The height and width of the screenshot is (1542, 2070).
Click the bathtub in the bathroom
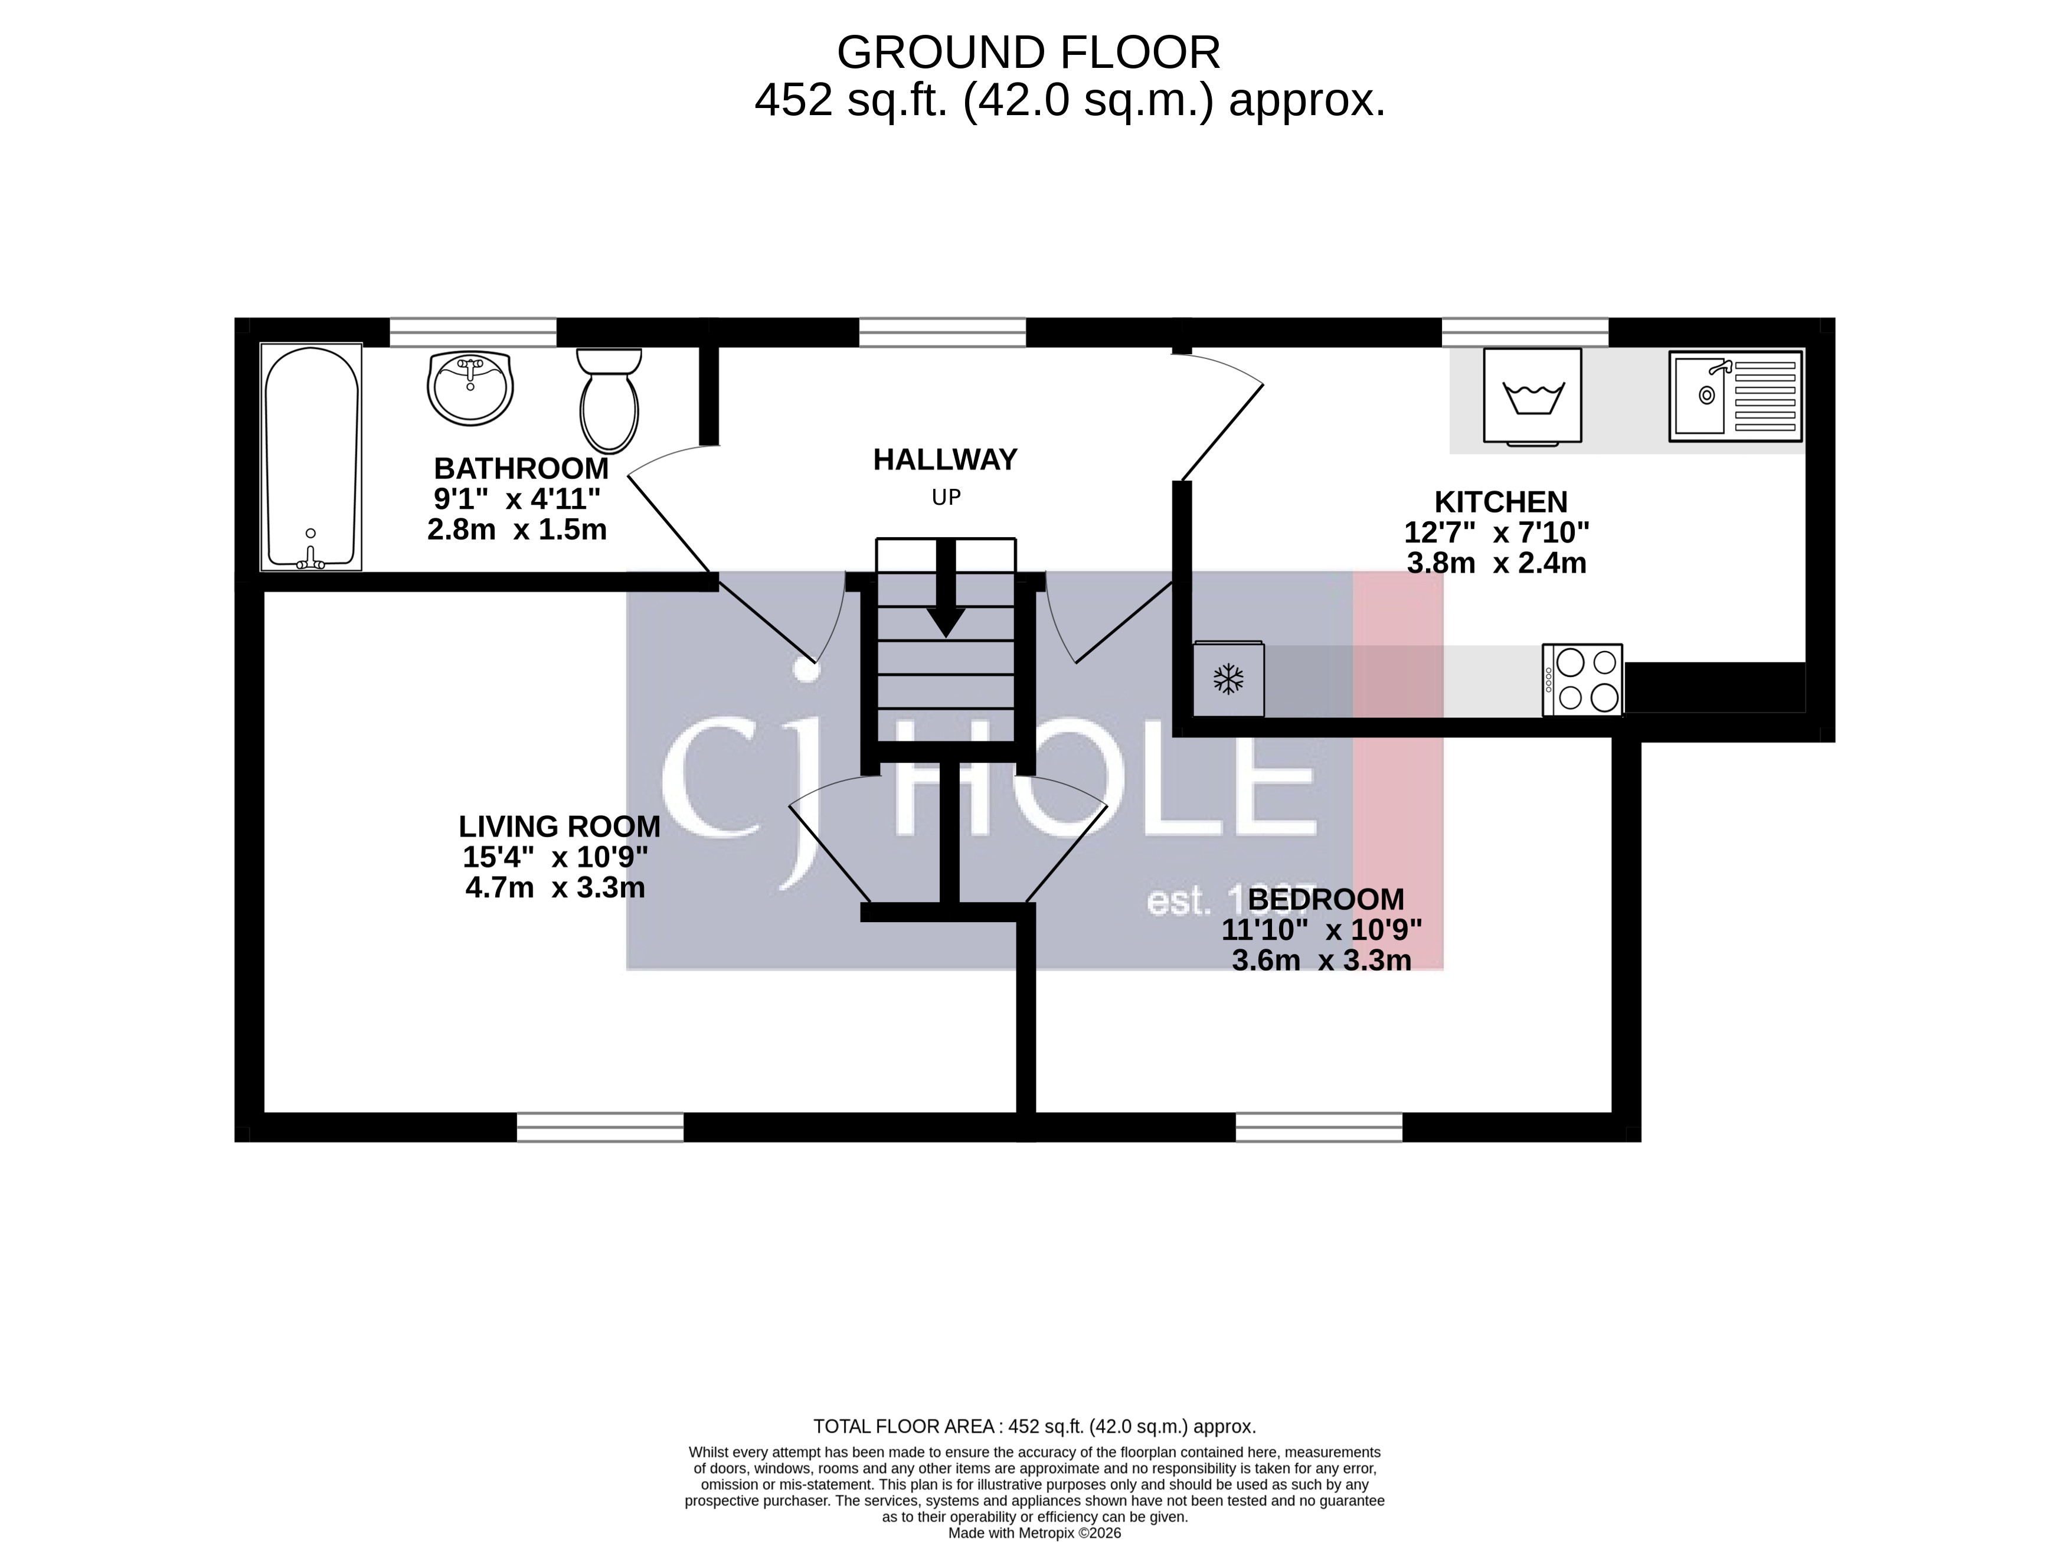click(311, 458)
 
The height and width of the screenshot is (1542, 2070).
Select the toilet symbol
click(609, 401)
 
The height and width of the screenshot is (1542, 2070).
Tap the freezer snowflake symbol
click(1228, 679)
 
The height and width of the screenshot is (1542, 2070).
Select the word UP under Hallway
click(946, 498)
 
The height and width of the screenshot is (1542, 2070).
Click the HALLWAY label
click(944, 459)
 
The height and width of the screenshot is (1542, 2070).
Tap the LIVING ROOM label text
click(559, 826)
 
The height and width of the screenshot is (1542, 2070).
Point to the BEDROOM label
click(1325, 899)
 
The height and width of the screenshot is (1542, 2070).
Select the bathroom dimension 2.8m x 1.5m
click(517, 529)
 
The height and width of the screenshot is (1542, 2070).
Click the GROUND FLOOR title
click(1028, 53)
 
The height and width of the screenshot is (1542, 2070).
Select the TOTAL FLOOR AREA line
click(1034, 1426)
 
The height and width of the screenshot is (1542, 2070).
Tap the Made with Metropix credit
click(1034, 1533)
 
